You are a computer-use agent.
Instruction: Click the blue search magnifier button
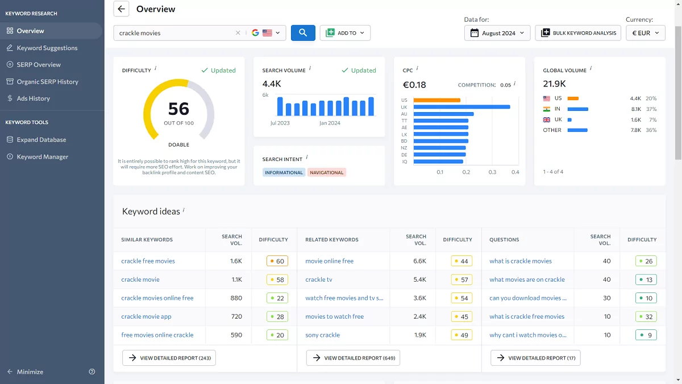303,33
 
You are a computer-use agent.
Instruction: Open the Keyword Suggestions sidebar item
47,48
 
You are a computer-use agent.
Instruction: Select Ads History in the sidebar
33,98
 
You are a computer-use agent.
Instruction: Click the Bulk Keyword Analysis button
578,33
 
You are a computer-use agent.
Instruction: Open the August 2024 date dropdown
497,33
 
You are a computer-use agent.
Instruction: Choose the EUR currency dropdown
645,33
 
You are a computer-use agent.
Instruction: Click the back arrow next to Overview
121,9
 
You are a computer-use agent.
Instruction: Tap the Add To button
345,33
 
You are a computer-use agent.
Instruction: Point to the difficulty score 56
178,109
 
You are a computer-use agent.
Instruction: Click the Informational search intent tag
284,172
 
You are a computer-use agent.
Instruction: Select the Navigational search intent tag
327,172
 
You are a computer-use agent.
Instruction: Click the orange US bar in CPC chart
436,100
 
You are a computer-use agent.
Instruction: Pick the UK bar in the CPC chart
461,107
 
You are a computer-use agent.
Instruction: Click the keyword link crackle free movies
148,261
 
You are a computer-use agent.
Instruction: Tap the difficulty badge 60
277,261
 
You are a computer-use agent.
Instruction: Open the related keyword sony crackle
322,335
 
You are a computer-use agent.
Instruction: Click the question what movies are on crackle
527,279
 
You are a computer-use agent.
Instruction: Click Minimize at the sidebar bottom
30,371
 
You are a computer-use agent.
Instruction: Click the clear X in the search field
238,33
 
